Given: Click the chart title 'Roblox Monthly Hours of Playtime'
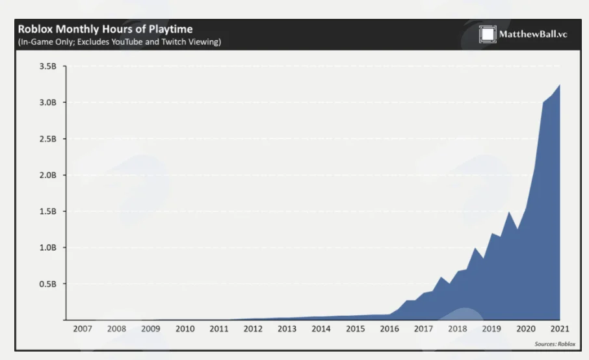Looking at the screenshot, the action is coord(105,29).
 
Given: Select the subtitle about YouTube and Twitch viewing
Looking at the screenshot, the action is coord(120,42).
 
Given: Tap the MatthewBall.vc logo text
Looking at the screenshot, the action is coord(533,34).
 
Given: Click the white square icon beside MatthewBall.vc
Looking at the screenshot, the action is coord(488,34).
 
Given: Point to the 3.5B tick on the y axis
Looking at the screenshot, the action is coord(47,66).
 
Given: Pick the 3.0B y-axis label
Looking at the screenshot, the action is coord(47,103).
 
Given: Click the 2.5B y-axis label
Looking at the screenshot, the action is coord(47,139).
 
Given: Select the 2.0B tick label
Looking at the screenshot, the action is coord(47,175).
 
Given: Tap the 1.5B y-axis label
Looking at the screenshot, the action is coord(47,211).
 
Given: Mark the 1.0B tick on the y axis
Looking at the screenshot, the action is coord(47,248).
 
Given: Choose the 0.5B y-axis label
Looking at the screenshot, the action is coord(47,284).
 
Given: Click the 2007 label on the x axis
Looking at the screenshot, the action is coord(83,329).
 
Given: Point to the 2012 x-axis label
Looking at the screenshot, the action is coord(253,329).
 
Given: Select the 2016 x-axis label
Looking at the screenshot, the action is coord(389,329).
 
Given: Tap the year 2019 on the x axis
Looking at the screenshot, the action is coord(491,329).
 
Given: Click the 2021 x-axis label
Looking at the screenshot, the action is coord(560,329).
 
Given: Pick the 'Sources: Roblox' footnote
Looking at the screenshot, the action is coord(555,344).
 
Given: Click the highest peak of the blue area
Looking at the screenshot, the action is coord(560,85).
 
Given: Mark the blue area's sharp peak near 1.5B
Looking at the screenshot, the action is coord(509,212).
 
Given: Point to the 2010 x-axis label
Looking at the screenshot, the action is coord(185,329).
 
